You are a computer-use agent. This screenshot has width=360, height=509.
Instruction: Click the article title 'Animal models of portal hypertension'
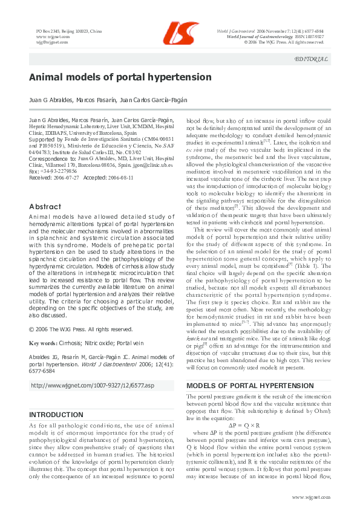tap(120, 77)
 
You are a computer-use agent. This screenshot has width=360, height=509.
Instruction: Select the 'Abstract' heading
tap(45, 206)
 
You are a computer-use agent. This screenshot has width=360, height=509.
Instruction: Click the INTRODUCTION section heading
tap(57, 415)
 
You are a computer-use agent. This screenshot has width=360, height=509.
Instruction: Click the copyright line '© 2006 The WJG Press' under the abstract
tap(81, 329)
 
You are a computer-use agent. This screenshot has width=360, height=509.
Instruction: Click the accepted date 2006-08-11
tap(126, 177)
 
